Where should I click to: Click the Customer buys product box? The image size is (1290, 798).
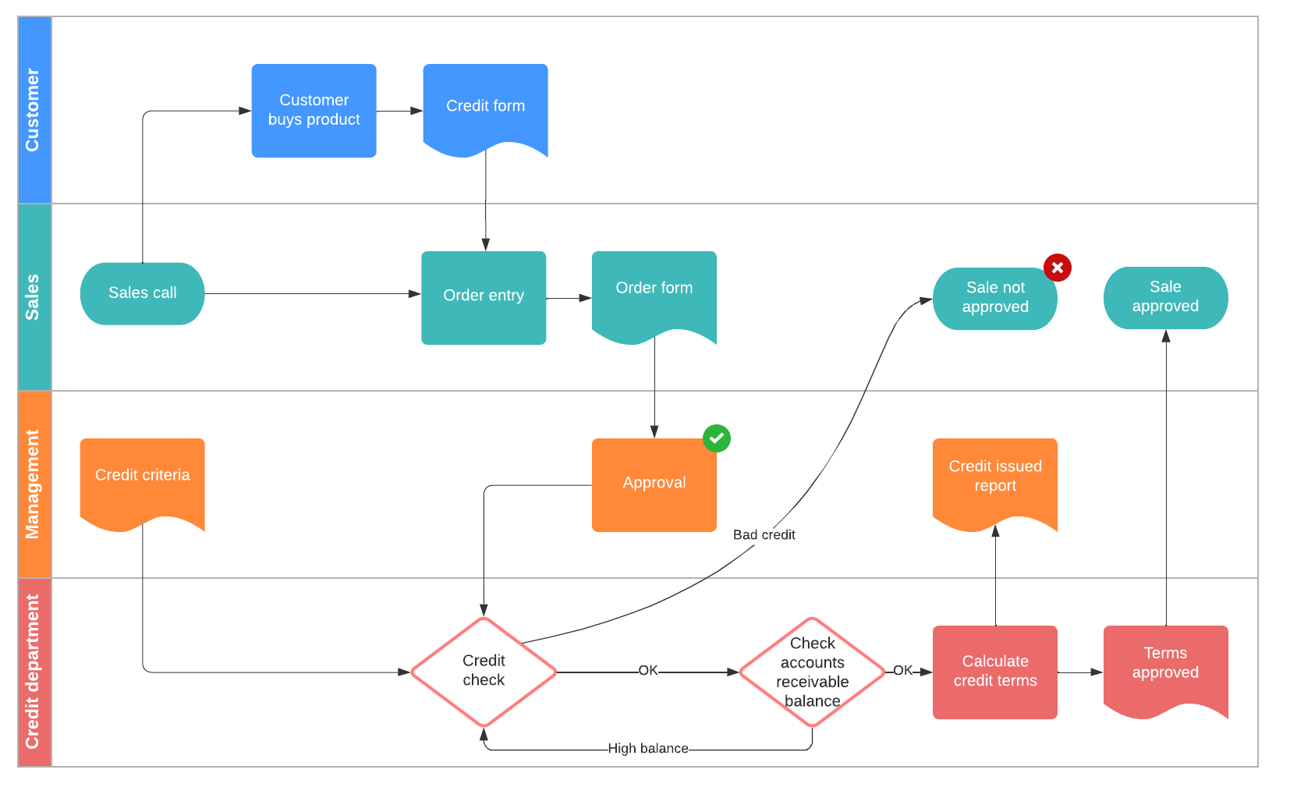pyautogui.click(x=314, y=110)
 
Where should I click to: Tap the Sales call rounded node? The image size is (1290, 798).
pyautogui.click(x=142, y=293)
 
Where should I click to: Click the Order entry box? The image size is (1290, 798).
pyautogui.click(x=484, y=297)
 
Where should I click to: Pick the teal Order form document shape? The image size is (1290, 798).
pyautogui.click(x=654, y=291)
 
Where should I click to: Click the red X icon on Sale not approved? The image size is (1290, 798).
pyautogui.click(x=1057, y=268)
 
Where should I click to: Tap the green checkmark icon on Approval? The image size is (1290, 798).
pyautogui.click(x=716, y=438)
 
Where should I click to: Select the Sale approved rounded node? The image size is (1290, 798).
pyautogui.click(x=1165, y=297)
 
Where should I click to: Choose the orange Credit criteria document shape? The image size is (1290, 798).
pyautogui.click(x=142, y=477)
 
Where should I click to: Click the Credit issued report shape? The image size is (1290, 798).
pyautogui.click(x=994, y=477)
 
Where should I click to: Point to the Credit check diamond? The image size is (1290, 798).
pyautogui.click(x=484, y=671)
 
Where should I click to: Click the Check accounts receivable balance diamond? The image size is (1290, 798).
pyautogui.click(x=812, y=672)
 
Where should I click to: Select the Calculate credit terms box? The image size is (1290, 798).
pyautogui.click(x=994, y=672)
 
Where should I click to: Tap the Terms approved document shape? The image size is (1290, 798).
pyautogui.click(x=1165, y=664)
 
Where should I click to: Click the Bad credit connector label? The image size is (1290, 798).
pyautogui.click(x=764, y=535)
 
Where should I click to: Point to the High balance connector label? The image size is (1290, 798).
pyautogui.click(x=647, y=749)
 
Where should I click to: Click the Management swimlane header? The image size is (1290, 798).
pyautogui.click(x=34, y=484)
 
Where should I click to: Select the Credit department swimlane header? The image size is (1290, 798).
pyautogui.click(x=34, y=672)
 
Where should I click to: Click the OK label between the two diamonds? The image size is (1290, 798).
pyautogui.click(x=647, y=671)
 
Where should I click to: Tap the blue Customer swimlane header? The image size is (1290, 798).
pyautogui.click(x=34, y=110)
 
